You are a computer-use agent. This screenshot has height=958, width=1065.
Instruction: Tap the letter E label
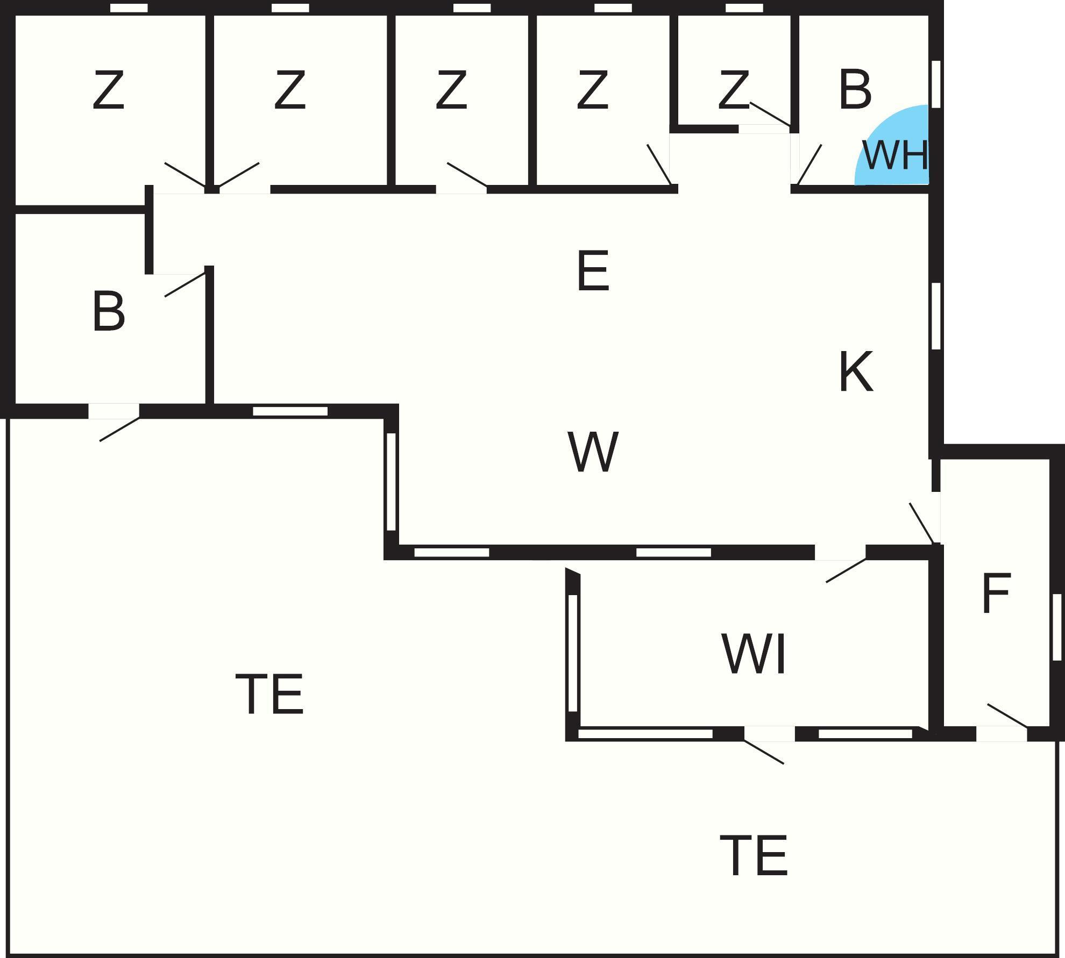point(593,271)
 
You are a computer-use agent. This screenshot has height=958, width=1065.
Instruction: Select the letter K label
point(855,371)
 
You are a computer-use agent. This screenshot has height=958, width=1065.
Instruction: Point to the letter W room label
point(593,452)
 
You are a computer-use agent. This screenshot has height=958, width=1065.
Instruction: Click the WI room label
point(754,654)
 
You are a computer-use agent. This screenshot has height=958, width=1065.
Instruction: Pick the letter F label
point(996,593)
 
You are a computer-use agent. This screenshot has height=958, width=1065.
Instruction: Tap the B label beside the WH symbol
point(855,89)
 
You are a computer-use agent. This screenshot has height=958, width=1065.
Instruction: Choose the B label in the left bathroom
point(108,312)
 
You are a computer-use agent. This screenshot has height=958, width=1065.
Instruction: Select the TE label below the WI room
point(754,856)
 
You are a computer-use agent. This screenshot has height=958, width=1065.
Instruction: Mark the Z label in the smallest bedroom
point(733,90)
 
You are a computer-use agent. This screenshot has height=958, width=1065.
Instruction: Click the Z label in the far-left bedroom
point(108,90)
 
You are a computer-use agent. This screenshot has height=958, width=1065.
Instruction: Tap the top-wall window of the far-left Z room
point(129,8)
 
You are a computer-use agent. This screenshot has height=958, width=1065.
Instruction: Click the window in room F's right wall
point(1057,627)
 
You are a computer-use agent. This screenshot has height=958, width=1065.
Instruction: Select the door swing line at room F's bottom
point(1007,715)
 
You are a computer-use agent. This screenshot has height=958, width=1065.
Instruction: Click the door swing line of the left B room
point(185,285)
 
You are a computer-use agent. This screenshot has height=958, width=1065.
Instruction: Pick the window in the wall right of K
point(936,316)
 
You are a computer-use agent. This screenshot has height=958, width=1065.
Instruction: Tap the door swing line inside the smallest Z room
point(770,114)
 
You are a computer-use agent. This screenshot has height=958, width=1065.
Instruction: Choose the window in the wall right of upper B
point(936,84)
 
